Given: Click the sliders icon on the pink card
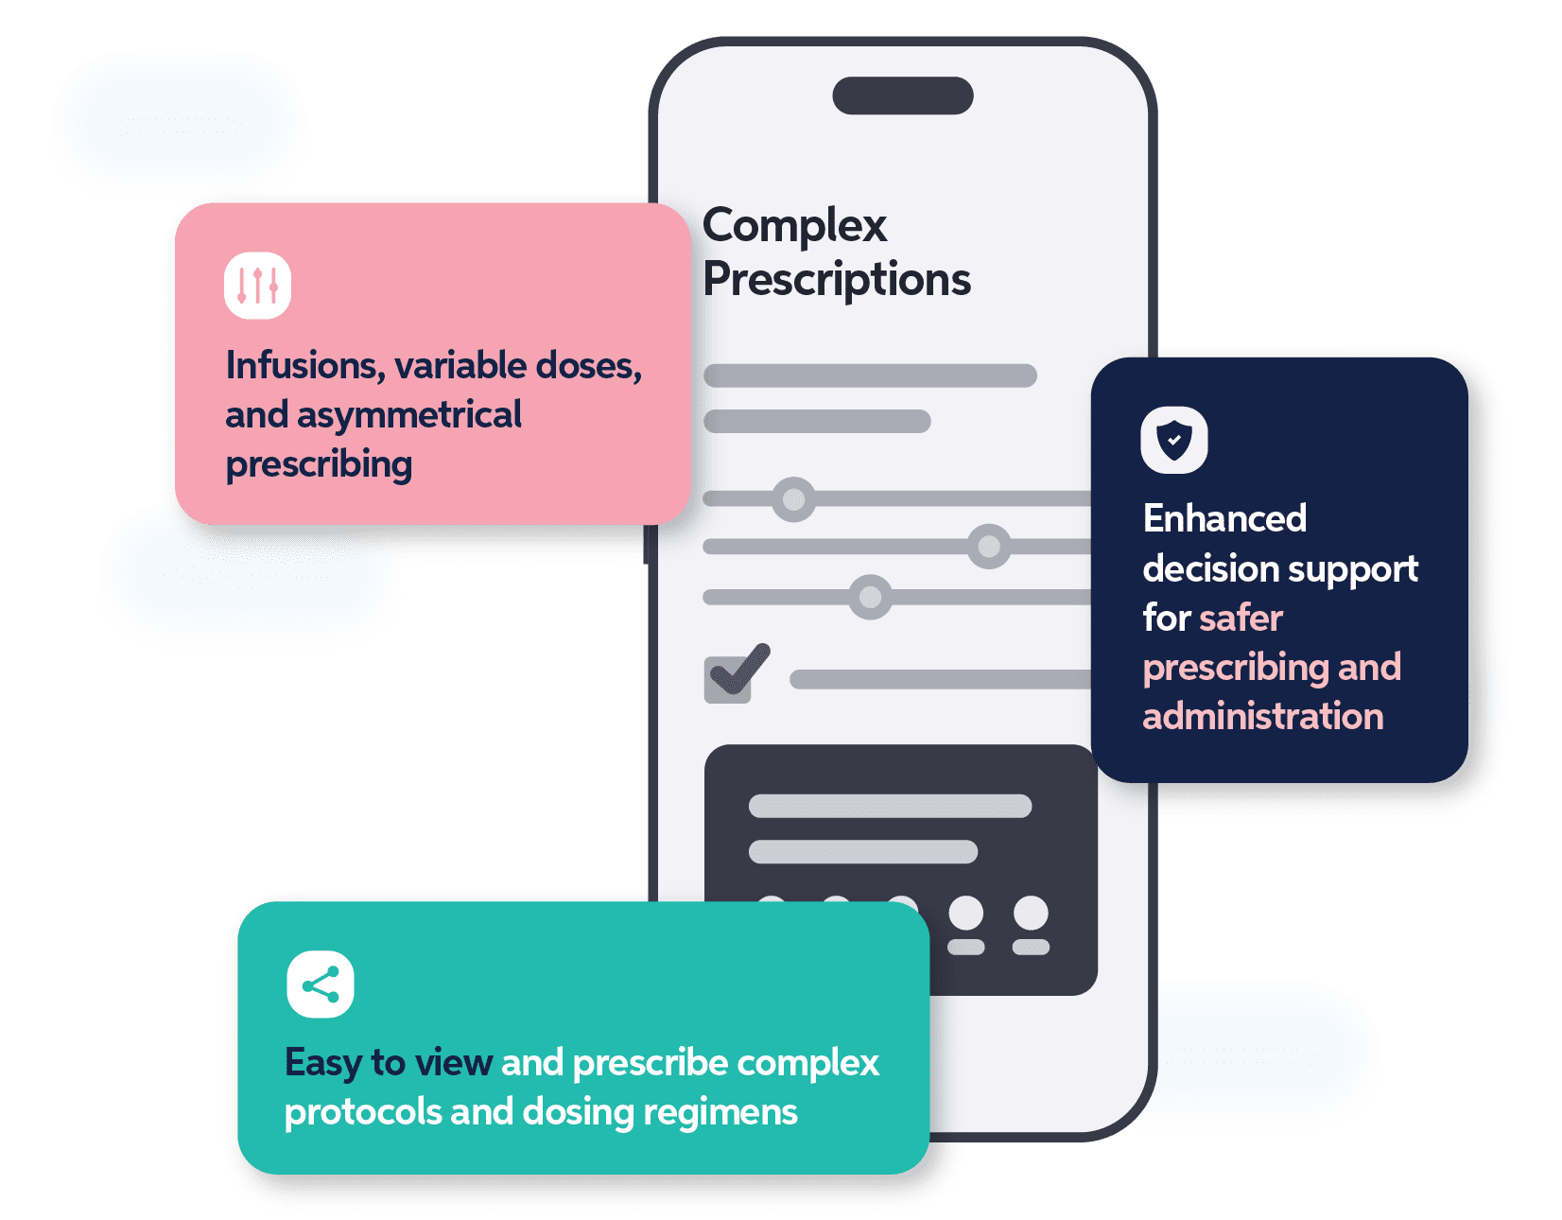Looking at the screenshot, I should (x=257, y=285).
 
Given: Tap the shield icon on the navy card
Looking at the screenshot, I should (x=1174, y=440).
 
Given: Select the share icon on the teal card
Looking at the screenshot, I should (x=321, y=985).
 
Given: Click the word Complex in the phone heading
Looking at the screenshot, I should (x=794, y=227).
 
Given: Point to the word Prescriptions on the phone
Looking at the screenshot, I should (x=837, y=280).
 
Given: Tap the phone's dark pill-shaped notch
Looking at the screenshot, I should (x=903, y=96).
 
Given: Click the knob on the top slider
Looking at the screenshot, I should (x=793, y=498).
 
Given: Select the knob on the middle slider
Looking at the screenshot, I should (x=989, y=546).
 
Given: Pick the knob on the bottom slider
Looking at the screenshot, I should (x=870, y=597).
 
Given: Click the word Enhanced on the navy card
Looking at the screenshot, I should (x=1224, y=518).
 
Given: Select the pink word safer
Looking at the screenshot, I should (x=1240, y=619).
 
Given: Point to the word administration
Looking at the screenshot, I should (x=1262, y=717).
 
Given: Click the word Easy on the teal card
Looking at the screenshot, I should (x=322, y=1063).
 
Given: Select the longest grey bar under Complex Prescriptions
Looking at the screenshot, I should (x=870, y=375).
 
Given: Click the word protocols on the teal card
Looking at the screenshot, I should (x=362, y=1113).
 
